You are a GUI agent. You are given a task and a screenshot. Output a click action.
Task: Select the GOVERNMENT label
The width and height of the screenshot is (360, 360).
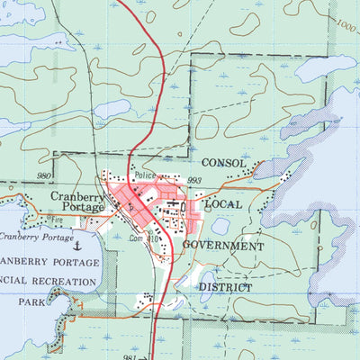[223, 245]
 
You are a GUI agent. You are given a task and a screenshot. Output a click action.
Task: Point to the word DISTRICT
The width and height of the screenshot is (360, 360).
[225, 287]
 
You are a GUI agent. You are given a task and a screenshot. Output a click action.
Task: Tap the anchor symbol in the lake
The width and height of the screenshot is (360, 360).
[77, 244]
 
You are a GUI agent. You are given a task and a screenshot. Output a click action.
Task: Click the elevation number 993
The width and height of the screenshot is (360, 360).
[193, 181]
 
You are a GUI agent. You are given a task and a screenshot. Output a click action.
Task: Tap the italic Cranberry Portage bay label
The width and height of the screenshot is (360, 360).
[37, 237]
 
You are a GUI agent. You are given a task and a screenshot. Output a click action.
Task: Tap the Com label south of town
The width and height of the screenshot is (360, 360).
[136, 239]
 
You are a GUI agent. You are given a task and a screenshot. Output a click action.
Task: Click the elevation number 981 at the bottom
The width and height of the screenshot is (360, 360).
[130, 356]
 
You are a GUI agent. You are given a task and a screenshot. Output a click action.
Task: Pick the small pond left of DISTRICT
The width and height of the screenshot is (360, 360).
[206, 281]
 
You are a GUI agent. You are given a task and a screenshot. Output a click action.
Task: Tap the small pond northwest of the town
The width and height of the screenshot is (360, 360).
[111, 109]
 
